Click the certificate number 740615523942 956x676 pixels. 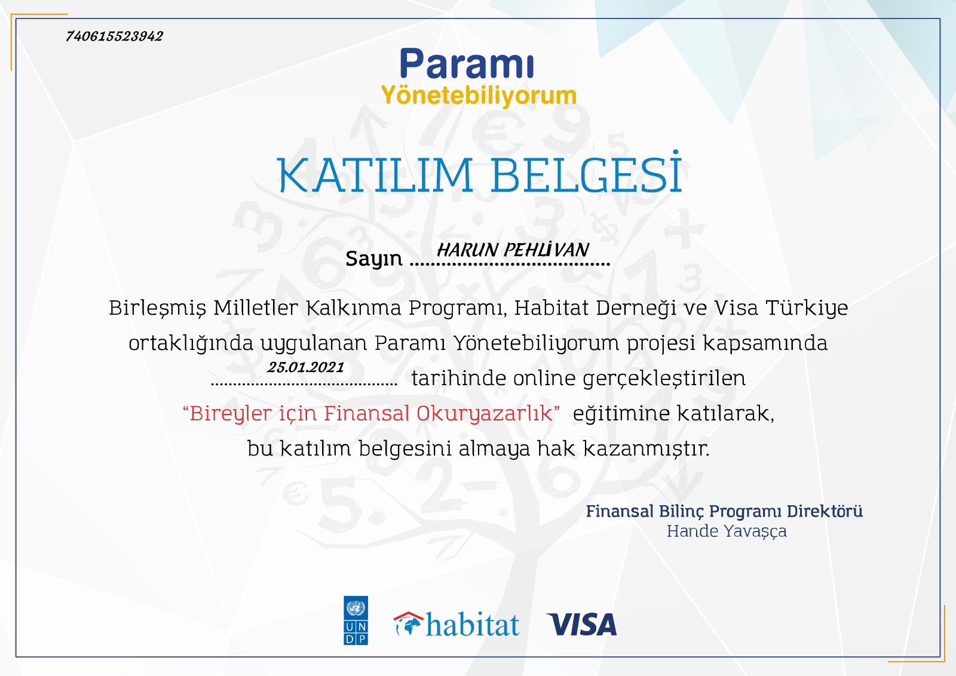point(114,36)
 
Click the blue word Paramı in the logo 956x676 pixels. point(467,63)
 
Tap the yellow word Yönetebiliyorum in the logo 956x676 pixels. point(479,96)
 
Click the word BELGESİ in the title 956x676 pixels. point(586,173)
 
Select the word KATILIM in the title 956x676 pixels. point(375,176)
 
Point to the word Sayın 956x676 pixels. point(374,259)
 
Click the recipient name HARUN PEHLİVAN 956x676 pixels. point(513,250)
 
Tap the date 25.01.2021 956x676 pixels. point(305,367)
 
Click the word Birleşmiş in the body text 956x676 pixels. point(158,308)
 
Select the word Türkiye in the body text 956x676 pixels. point(807,308)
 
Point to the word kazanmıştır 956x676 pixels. point(646,448)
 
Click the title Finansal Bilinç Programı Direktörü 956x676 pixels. point(724,511)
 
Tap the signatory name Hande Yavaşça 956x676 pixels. point(727,531)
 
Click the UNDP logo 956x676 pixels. point(356,620)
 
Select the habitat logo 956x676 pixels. point(456,624)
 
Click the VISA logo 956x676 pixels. point(582,625)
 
